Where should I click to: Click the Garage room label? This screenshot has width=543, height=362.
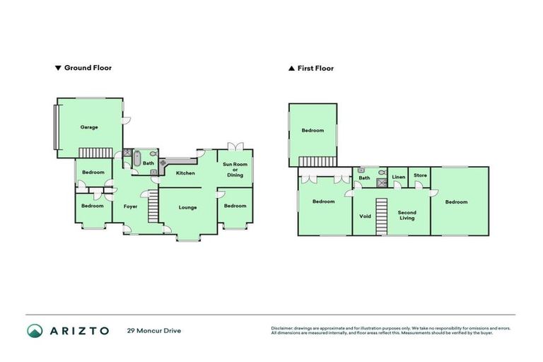click(x=89, y=127)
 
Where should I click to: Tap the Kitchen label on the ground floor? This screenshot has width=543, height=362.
click(x=185, y=173)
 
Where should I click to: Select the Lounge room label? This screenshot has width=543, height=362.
click(x=187, y=207)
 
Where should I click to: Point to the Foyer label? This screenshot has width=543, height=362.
click(x=130, y=206)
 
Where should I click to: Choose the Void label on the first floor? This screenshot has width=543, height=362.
click(x=366, y=216)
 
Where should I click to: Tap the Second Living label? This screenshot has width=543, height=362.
click(x=407, y=215)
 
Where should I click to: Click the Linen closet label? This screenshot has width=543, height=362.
click(x=399, y=177)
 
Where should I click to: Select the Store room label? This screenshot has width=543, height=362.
click(x=420, y=175)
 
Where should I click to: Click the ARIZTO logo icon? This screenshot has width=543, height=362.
click(x=35, y=330)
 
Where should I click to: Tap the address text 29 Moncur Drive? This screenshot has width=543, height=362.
click(x=154, y=330)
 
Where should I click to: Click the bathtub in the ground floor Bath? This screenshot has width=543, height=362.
click(x=138, y=159)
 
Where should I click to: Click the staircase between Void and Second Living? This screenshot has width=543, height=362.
click(x=382, y=216)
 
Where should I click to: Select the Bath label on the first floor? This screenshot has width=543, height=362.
click(x=364, y=177)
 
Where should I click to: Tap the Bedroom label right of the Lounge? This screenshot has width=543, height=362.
click(x=235, y=206)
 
